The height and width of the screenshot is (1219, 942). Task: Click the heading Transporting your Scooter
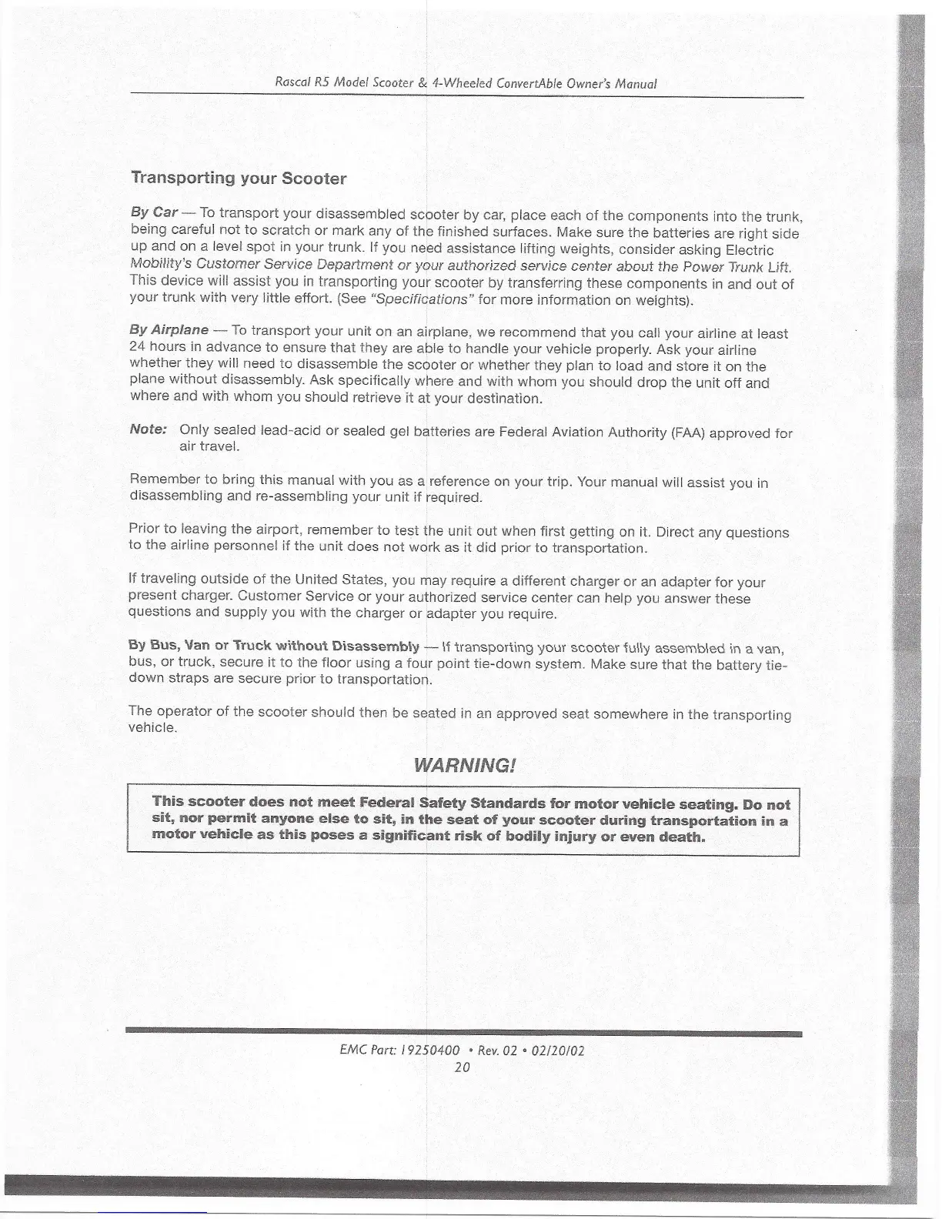[x=239, y=179]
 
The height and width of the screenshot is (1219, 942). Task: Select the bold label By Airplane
[x=169, y=330]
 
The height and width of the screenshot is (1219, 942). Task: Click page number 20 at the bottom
[x=462, y=1067]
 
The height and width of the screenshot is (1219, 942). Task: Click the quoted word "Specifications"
[x=422, y=299]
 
